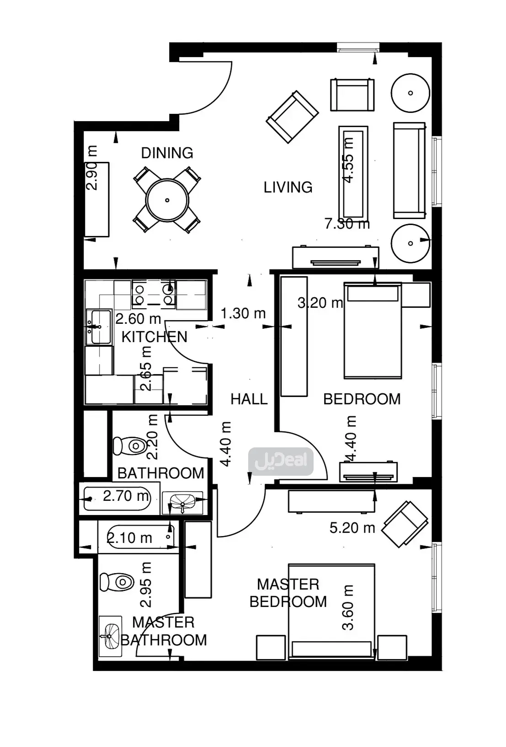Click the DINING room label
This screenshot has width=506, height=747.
coord(167,153)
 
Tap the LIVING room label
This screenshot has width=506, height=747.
coord(288,188)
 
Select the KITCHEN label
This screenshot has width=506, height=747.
coord(154,337)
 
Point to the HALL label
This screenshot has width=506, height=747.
coord(249,399)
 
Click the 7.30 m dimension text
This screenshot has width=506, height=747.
coord(347,224)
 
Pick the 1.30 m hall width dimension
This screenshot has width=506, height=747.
coord(243,313)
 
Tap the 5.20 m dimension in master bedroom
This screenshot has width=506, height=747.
coord(352,528)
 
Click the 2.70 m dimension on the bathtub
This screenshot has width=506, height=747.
coord(126,496)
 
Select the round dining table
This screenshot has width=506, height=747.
coord(167,200)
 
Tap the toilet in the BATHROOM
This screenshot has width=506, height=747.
coord(130,446)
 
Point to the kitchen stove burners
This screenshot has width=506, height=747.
coord(154,294)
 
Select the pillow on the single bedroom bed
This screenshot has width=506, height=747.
coord(373,294)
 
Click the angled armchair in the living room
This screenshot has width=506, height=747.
coord(293,117)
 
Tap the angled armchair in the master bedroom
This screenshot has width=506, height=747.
coord(405,524)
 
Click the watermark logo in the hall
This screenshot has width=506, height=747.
coord(281,461)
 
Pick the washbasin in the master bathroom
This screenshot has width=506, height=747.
coord(110,636)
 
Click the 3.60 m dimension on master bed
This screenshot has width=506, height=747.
coord(348,607)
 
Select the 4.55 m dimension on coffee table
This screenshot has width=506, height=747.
coord(348,161)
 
